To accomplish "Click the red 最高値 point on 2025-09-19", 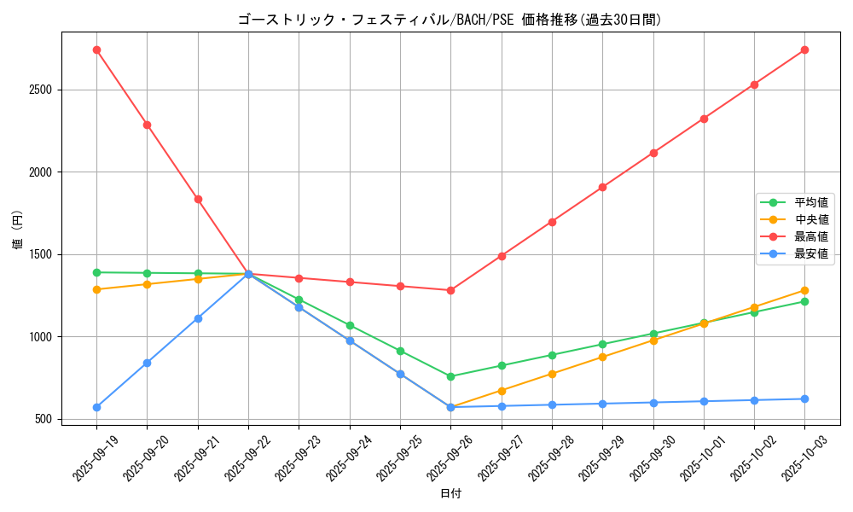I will tap(96, 49).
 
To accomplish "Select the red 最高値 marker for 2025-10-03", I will tap(804, 50).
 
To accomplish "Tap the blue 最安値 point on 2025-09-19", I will tap(96, 407).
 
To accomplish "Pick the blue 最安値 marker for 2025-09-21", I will tap(198, 318).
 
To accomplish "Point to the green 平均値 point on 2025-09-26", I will tap(450, 376).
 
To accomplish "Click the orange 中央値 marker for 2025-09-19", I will tap(96, 289).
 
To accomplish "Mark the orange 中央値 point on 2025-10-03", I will tap(804, 290).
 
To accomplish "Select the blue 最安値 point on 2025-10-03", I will tap(804, 399).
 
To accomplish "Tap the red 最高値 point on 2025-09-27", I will tap(502, 256).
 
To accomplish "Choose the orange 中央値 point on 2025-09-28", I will tap(552, 374).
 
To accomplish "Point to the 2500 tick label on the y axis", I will tap(39, 90).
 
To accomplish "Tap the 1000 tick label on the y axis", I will tap(39, 337).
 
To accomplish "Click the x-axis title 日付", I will tap(450, 494).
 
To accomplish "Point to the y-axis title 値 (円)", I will tap(17, 230).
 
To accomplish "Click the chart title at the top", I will tap(450, 20).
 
